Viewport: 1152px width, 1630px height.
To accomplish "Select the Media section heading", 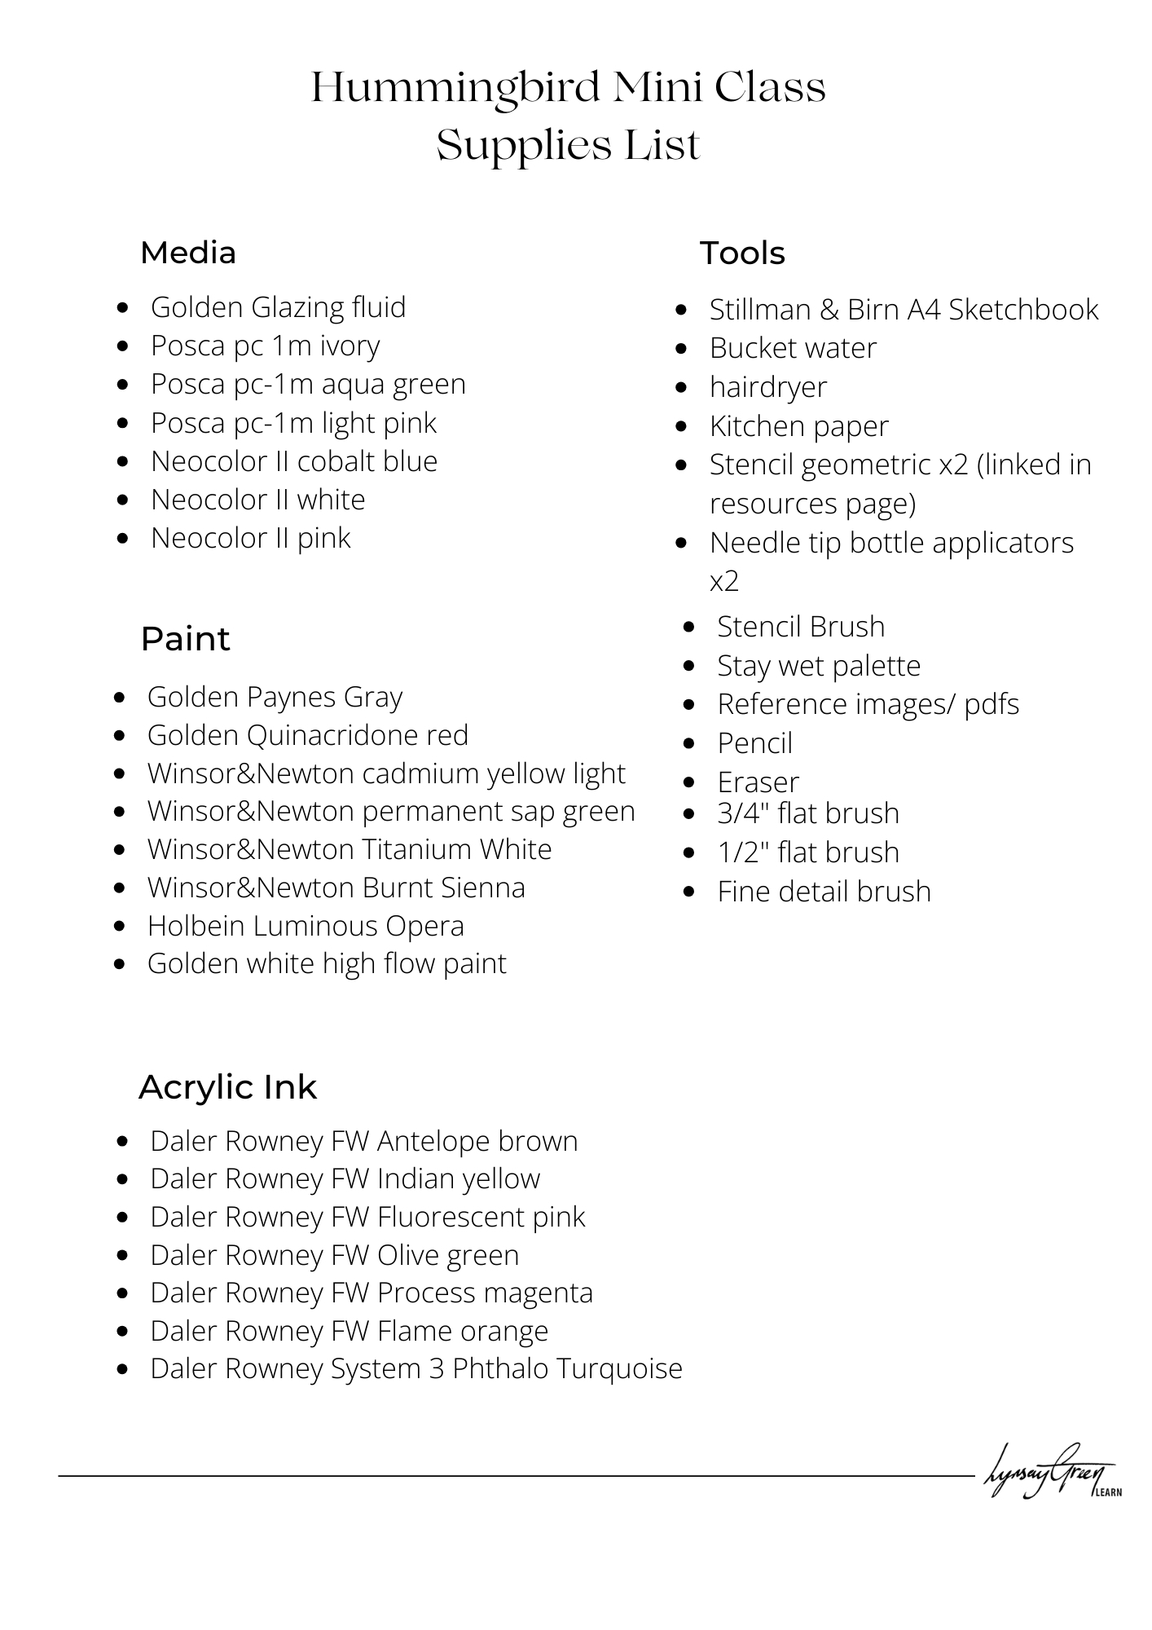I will pyautogui.click(x=188, y=253).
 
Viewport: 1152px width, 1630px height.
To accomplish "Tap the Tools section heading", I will pyautogui.click(x=742, y=253).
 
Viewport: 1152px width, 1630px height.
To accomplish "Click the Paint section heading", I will pyautogui.click(x=185, y=639).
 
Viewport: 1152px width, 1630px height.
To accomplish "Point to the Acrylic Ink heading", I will pyautogui.click(x=227, y=1087).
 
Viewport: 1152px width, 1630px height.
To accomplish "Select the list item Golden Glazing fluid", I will pyautogui.click(x=278, y=307).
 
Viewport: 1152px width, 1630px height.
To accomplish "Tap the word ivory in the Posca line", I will pyautogui.click(x=350, y=346).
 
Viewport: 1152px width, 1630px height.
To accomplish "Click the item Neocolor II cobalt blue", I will pyautogui.click(x=294, y=461).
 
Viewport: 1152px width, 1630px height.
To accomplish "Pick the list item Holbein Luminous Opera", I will pyautogui.click(x=306, y=926).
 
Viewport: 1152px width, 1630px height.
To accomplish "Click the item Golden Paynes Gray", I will pyautogui.click(x=275, y=698).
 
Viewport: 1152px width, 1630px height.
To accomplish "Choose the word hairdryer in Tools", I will pyautogui.click(x=768, y=387).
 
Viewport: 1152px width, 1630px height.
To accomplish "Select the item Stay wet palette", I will pyautogui.click(x=819, y=666).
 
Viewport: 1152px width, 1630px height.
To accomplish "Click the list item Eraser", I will pyautogui.click(x=758, y=782).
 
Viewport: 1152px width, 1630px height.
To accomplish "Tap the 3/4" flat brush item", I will pyautogui.click(x=808, y=813).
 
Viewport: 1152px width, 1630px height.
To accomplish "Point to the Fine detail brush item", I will pyautogui.click(x=824, y=892).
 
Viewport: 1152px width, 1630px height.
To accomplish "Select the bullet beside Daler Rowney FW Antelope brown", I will pyautogui.click(x=122, y=1142).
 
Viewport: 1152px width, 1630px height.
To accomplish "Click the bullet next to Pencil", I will pyautogui.click(x=689, y=743).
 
